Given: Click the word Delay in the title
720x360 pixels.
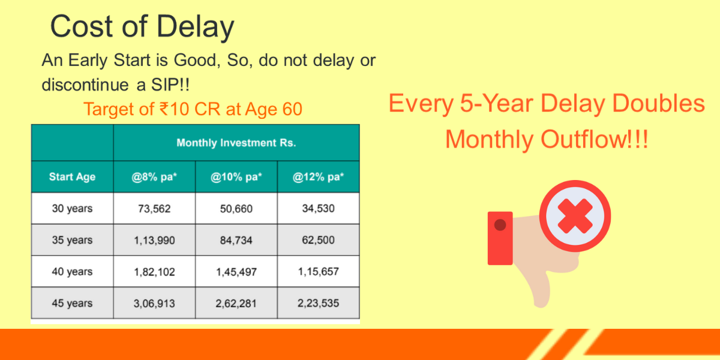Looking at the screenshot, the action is [x=196, y=27].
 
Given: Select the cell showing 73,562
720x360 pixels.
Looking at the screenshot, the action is [x=154, y=209].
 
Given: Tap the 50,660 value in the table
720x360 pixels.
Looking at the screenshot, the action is [x=236, y=209].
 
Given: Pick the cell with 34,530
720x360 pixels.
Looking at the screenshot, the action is [x=318, y=208].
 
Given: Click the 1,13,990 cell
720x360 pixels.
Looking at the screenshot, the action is [x=154, y=240].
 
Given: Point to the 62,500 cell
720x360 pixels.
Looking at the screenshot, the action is [x=318, y=240].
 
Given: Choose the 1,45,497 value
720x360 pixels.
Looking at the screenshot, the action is [x=236, y=272].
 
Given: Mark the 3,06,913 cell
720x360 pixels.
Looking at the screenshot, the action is [x=154, y=304].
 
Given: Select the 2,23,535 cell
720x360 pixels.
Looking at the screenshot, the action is [x=318, y=303].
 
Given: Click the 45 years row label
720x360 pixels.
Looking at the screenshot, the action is [x=73, y=303].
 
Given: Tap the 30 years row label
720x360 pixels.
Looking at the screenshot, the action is [x=73, y=208].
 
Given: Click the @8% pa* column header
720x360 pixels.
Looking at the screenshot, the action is [x=154, y=177].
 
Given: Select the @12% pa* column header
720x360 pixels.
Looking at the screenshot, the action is [x=318, y=177].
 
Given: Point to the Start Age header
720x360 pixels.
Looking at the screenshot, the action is [x=73, y=177].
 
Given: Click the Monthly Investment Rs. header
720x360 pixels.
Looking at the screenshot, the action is [x=236, y=143].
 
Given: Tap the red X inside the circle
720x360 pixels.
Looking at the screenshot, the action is [x=575, y=216].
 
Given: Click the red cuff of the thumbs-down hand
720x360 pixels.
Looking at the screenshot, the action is [x=500, y=238].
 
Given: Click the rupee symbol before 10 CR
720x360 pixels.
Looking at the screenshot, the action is [x=164, y=109].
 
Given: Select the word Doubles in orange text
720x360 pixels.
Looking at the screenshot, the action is [x=659, y=103].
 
